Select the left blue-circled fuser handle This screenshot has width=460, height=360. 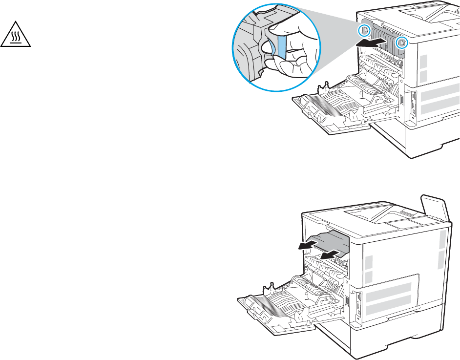tap(364, 30)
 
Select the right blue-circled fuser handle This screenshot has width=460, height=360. tap(402, 42)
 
